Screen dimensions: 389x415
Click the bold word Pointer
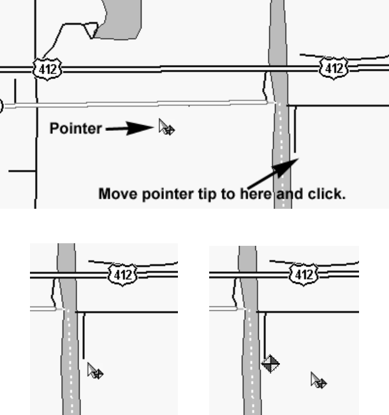75,128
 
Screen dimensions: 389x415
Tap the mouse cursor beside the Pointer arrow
166,128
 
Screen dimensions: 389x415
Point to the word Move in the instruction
114,194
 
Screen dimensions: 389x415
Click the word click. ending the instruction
327,194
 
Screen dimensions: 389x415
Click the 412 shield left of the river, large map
47,68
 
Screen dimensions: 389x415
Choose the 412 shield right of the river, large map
333,67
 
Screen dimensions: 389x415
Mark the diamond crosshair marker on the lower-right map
270,364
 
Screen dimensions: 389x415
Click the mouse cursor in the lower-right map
318,381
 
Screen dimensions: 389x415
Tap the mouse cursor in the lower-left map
95,371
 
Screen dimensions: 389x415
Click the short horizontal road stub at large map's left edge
21,171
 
